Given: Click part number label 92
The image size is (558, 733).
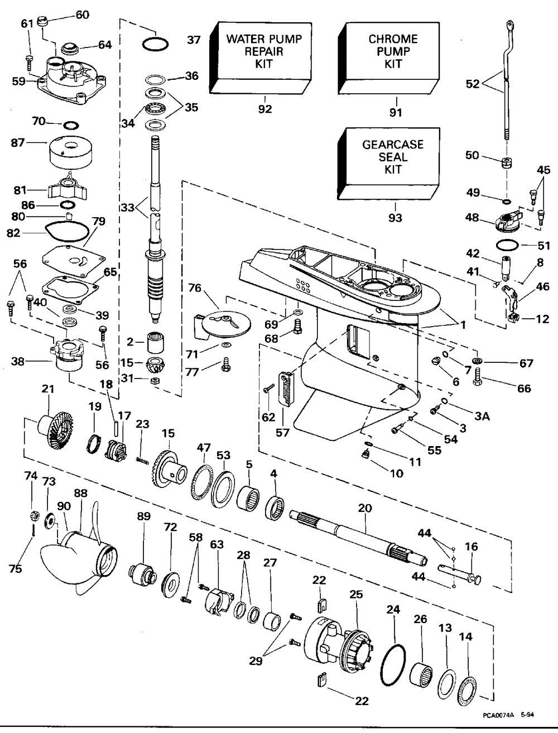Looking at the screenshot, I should click(265, 109).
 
